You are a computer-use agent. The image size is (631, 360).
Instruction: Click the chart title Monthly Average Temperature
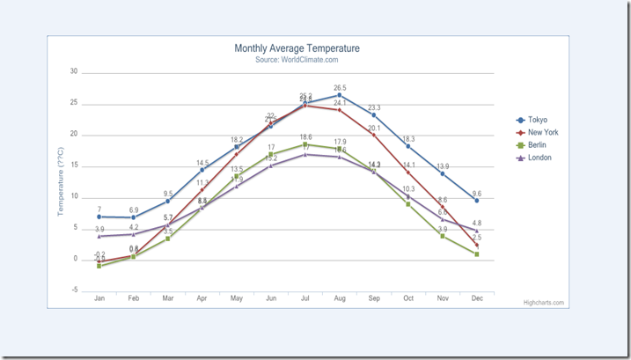[x=297, y=48]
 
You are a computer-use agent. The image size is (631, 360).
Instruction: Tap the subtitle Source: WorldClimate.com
[x=297, y=60]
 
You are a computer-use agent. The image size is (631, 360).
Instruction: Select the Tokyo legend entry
[x=537, y=120]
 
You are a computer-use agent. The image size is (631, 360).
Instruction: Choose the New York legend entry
[x=542, y=133]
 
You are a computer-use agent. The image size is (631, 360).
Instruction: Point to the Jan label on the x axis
[x=99, y=299]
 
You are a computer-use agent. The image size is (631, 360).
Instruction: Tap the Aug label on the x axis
[x=340, y=299]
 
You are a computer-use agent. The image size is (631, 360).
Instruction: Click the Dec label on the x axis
[x=476, y=299]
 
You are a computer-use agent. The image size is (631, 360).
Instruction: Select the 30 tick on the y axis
[x=74, y=72]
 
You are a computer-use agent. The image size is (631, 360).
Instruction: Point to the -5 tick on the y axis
[x=74, y=290]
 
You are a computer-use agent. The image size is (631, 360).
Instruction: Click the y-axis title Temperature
[x=62, y=181]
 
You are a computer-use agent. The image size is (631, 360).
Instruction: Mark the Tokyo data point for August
[x=340, y=95]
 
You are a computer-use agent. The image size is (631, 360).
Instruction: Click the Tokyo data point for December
[x=476, y=201]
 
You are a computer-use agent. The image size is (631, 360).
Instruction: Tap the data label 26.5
[x=340, y=88]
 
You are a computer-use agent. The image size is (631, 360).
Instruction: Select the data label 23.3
[x=374, y=107]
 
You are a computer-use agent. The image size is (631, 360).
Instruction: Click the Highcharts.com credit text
[x=543, y=303]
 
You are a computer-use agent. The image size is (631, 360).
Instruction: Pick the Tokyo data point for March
[x=168, y=201]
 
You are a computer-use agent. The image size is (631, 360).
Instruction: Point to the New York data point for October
[x=408, y=173]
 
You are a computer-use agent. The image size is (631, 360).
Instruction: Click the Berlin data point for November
[x=443, y=236]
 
